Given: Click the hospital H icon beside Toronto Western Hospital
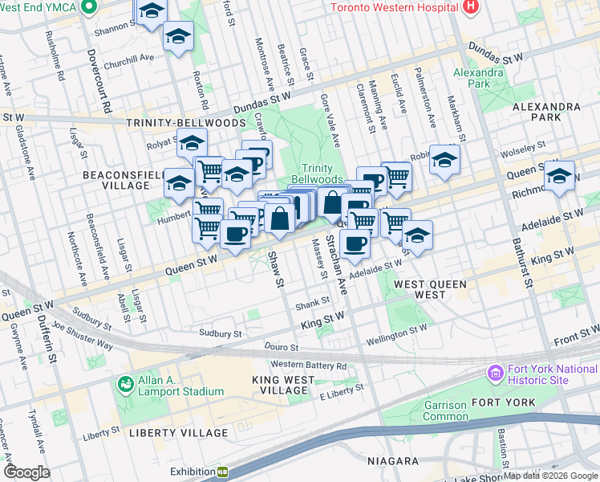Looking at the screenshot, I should pyautogui.click(x=471, y=7).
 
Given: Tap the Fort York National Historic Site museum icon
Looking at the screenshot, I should pyautogui.click(x=495, y=374).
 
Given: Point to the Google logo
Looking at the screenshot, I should pyautogui.click(x=27, y=472).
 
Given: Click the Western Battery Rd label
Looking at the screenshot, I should pyautogui.click(x=308, y=366).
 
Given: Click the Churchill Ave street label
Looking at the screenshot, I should pyautogui.click(x=128, y=58).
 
